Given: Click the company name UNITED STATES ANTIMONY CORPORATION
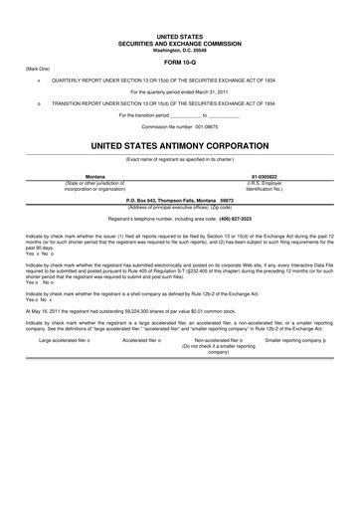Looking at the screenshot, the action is coord(180,144).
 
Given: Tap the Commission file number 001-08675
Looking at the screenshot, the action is coord(180,128).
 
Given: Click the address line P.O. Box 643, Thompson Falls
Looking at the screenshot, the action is coord(179,200).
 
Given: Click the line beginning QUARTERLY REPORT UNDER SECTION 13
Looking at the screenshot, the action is coord(179,82).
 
